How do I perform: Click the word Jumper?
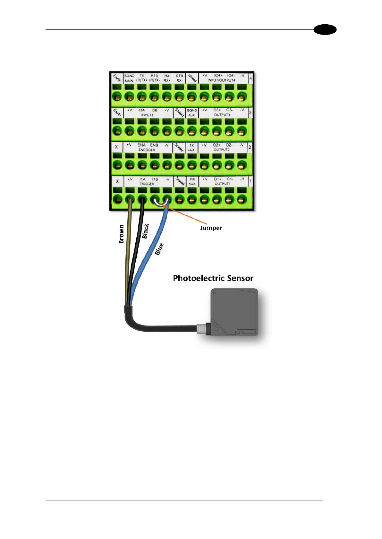point(211,228)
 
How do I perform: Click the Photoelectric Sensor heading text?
point(213,278)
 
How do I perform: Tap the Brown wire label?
point(122,234)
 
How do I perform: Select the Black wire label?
point(145,231)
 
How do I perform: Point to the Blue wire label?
point(159,249)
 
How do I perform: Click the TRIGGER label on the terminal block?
point(147,184)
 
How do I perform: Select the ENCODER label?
point(147,150)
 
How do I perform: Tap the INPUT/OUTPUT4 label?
point(221,80)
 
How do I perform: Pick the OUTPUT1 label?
point(222,184)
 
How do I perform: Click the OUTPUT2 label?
point(222,150)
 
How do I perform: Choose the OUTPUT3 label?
point(222,115)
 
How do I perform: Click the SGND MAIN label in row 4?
point(129,78)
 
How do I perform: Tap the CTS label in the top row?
point(179,76)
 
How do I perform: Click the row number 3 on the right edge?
point(250,113)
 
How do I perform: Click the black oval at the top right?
point(325,30)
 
